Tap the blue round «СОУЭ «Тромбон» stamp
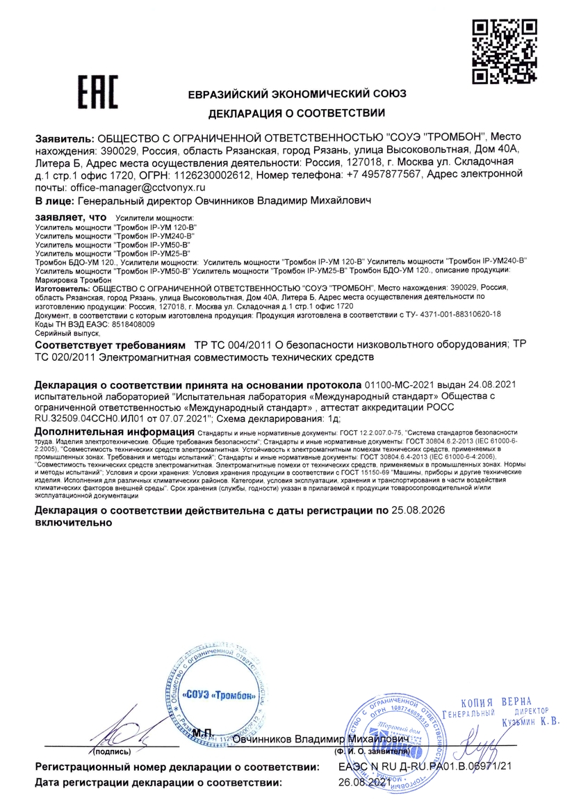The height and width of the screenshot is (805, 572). pyautogui.click(x=218, y=694)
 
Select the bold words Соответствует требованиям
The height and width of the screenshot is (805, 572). pyautogui.click(x=110, y=345)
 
